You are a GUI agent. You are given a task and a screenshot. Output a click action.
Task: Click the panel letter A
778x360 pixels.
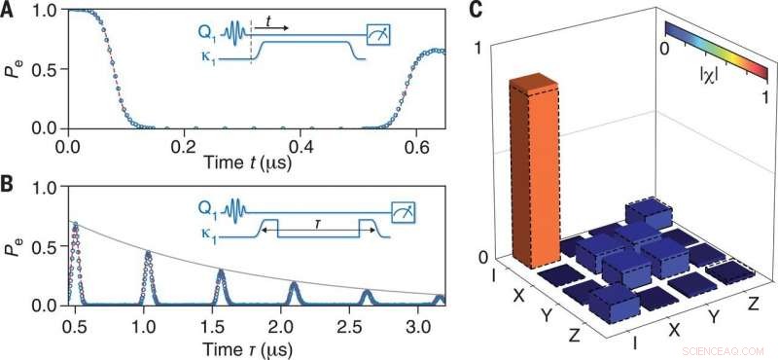pyautogui.click(x=10, y=12)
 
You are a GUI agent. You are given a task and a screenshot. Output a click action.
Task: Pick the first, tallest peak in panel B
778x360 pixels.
pyautogui.click(x=75, y=226)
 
